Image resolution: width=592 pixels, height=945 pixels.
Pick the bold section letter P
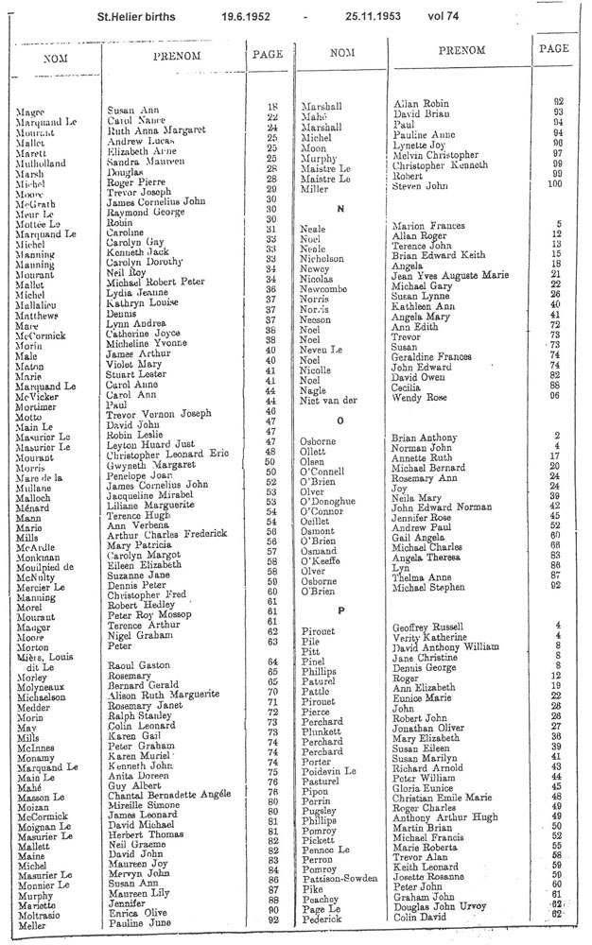[x=338, y=583]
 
